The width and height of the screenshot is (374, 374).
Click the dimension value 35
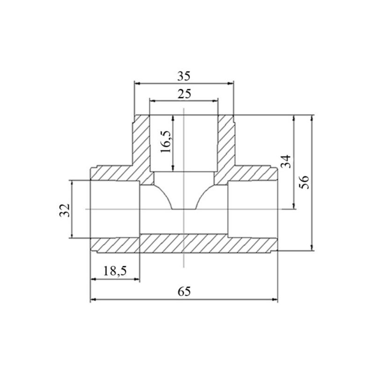tap(184, 76)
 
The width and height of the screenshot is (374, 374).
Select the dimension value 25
tap(184, 94)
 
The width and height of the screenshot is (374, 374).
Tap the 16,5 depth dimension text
tap(166, 142)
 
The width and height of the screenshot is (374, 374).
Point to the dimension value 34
tap(286, 161)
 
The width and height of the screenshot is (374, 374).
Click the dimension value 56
tap(304, 182)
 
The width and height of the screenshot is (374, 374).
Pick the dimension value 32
tap(65, 210)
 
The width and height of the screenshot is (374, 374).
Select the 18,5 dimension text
tap(115, 271)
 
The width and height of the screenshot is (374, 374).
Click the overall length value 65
tap(184, 291)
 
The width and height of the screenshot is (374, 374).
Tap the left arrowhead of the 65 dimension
tap(93, 299)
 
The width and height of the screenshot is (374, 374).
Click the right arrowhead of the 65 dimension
tap(275, 299)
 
